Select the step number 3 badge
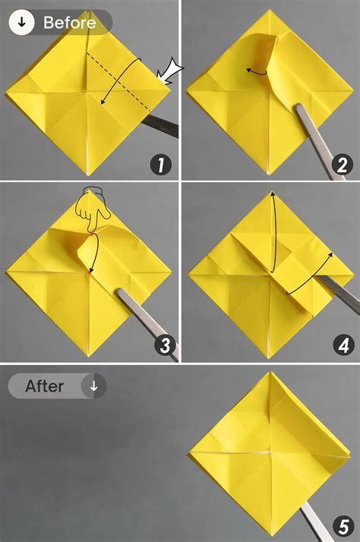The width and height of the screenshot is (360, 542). (x=160, y=346)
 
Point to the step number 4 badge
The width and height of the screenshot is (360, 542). (x=341, y=346)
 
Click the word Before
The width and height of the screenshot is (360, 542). (x=70, y=23)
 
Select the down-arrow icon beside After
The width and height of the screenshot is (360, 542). (x=94, y=386)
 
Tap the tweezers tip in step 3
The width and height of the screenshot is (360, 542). (x=119, y=291)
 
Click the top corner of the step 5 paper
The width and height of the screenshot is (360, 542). (x=270, y=373)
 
